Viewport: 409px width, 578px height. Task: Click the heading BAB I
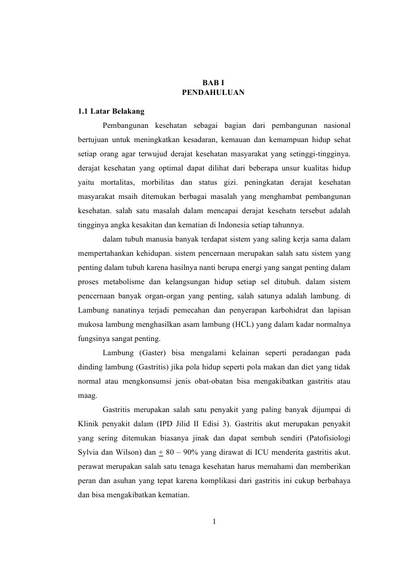(x=213, y=83)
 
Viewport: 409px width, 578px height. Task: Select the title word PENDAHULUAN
(x=213, y=92)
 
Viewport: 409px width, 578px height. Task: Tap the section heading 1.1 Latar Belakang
(x=111, y=111)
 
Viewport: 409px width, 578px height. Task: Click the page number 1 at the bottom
(x=213, y=522)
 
